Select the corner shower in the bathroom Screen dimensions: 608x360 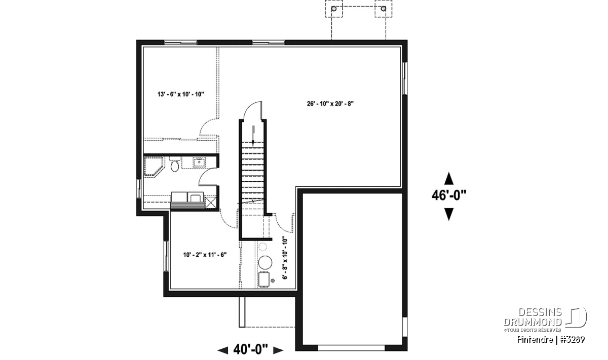tap(154, 167)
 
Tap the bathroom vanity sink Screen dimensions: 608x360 tap(199, 163)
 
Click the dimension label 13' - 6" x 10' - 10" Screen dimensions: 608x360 tap(181, 94)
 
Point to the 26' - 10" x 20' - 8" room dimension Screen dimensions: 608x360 tap(330, 104)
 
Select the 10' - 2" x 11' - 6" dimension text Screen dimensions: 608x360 tap(205, 255)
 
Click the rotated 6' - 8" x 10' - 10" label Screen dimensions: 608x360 tap(285, 259)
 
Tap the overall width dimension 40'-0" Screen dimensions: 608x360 tap(250, 350)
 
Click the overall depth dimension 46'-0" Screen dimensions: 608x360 tap(449, 195)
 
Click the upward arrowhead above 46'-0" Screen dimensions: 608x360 tap(449, 178)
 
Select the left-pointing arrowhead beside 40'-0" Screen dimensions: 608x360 tap(223, 350)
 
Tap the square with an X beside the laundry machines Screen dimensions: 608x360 tap(211, 203)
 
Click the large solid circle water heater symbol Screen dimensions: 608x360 tap(265, 262)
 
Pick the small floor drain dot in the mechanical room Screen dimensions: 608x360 tap(273, 281)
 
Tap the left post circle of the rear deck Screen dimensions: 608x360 tap(334, 9)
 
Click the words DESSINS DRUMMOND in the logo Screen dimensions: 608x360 tap(533, 317)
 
